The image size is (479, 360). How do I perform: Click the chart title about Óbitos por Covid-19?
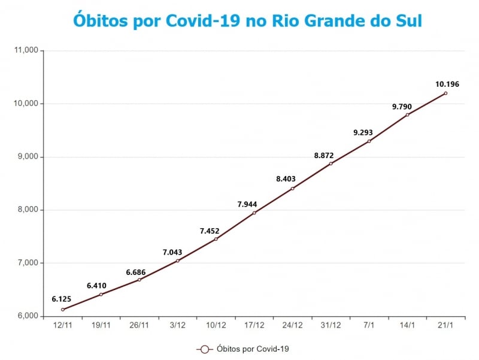click(x=247, y=20)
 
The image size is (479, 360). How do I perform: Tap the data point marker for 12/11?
click(x=63, y=310)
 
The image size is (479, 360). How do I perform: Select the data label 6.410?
click(x=96, y=286)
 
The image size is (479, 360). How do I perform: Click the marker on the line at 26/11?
click(x=140, y=280)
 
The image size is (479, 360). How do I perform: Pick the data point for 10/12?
click(x=216, y=239)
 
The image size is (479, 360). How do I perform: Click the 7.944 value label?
click(x=247, y=204)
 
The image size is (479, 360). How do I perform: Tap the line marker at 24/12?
click(x=292, y=189)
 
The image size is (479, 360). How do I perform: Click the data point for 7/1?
click(x=369, y=141)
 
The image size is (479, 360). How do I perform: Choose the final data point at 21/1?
click(x=445, y=93)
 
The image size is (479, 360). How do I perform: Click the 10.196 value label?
click(x=447, y=84)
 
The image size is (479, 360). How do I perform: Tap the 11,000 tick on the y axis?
click(x=25, y=51)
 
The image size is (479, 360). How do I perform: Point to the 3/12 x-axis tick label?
click(x=178, y=325)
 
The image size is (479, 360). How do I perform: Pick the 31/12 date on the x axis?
click(x=331, y=325)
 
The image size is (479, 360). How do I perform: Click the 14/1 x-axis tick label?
click(x=407, y=325)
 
